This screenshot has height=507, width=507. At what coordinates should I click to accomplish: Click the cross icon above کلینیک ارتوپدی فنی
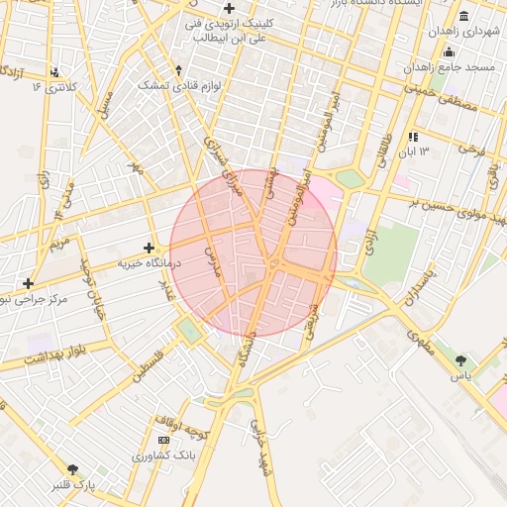pyautogui.click(x=229, y=8)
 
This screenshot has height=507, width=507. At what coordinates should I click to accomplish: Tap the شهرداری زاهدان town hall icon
pyautogui.click(x=465, y=16)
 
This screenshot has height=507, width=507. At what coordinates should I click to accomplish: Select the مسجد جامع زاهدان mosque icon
pyautogui.click(x=449, y=52)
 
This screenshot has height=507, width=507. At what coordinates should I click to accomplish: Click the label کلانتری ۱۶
pyautogui.click(x=55, y=87)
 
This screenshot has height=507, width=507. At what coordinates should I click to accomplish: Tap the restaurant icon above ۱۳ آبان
pyautogui.click(x=412, y=136)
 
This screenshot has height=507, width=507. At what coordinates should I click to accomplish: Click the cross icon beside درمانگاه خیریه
pyautogui.click(x=149, y=248)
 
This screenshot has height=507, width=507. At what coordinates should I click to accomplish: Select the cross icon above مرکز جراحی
pyautogui.click(x=29, y=283)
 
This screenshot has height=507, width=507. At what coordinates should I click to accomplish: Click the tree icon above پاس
pyautogui.click(x=461, y=359)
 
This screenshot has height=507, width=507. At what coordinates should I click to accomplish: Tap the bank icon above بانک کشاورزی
pyautogui.click(x=163, y=440)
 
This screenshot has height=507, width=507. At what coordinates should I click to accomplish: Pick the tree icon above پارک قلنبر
pyautogui.click(x=71, y=469)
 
